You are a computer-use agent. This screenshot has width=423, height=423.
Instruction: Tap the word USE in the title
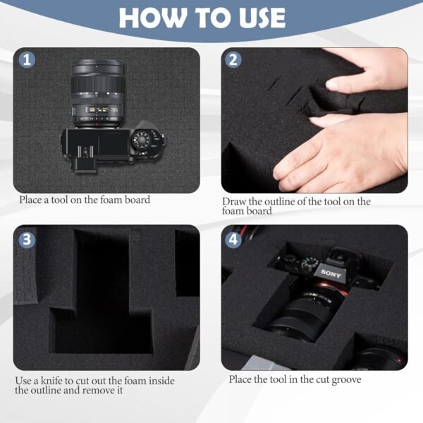tap(257, 18)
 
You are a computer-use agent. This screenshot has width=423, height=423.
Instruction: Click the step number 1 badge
tap(27, 60)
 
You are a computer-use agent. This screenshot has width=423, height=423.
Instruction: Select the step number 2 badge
tap(233, 60)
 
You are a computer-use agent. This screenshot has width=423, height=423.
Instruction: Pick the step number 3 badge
tap(27, 239)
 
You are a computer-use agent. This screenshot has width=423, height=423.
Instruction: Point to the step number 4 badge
tap(233, 239)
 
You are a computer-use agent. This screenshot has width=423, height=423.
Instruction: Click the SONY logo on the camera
tap(331, 274)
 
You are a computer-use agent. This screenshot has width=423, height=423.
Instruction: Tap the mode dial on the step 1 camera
tap(142, 140)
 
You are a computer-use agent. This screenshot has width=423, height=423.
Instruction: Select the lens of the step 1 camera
tap(97, 94)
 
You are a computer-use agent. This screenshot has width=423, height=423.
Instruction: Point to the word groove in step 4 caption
tap(346, 379)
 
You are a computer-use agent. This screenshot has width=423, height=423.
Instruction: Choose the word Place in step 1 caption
tap(30, 200)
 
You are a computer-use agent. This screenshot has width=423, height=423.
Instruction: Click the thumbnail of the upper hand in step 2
tap(334, 84)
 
